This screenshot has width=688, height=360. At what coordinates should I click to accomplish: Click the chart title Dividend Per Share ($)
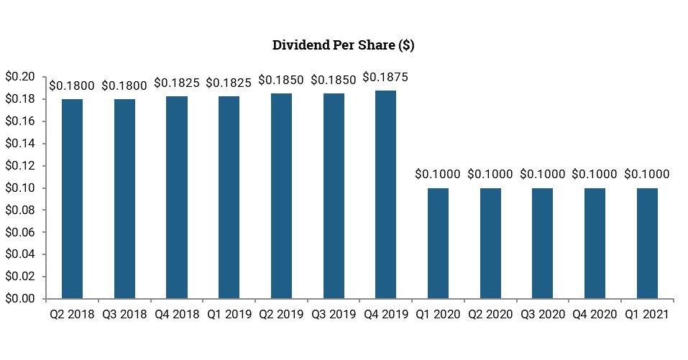pyautogui.click(x=343, y=45)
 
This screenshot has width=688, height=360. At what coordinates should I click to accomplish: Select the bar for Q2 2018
pyautogui.click(x=72, y=198)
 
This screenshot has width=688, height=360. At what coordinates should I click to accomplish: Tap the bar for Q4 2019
pyautogui.click(x=385, y=194)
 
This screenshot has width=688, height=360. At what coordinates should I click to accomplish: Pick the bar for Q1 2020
pyautogui.click(x=438, y=243)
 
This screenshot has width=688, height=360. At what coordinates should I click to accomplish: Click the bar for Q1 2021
pyautogui.click(x=647, y=243)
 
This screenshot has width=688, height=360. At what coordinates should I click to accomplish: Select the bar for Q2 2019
pyautogui.click(x=281, y=195)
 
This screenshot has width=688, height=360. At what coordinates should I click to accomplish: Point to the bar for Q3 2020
pyautogui.click(x=542, y=243)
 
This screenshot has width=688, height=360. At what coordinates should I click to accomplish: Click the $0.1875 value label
pyautogui.click(x=385, y=77)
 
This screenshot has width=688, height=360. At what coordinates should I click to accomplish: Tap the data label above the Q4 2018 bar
pyautogui.click(x=176, y=83)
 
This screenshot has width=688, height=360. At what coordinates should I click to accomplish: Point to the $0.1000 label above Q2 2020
pyautogui.click(x=490, y=174)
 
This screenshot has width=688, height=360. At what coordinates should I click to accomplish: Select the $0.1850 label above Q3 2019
pyautogui.click(x=333, y=80)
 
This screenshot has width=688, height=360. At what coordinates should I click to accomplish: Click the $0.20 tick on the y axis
pyautogui.click(x=19, y=77)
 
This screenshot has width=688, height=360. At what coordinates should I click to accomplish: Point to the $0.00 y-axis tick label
pyautogui.click(x=19, y=298)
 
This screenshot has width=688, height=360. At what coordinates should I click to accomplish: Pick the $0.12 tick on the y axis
pyautogui.click(x=19, y=165)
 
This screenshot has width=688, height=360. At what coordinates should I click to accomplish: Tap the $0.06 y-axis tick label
pyautogui.click(x=19, y=232)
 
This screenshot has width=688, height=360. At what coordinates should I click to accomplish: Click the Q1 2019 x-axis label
pyautogui.click(x=229, y=314)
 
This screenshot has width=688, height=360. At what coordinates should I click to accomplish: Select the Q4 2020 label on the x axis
pyautogui.click(x=595, y=314)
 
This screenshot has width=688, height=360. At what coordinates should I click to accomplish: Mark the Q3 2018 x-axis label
pyautogui.click(x=124, y=314)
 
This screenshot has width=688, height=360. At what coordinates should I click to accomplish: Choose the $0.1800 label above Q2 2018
pyautogui.click(x=72, y=85)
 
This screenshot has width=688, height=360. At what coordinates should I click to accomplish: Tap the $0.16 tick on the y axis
pyautogui.click(x=19, y=121)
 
